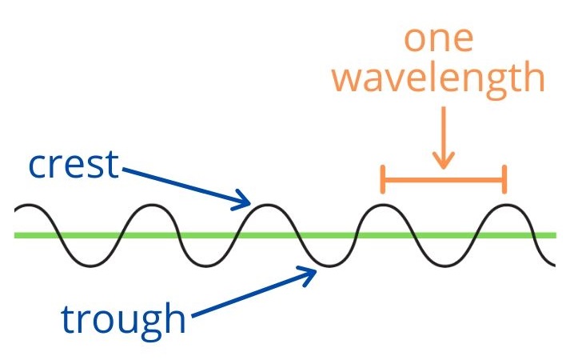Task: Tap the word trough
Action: (124, 318)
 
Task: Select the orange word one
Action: (437, 38)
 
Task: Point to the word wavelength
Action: (438, 78)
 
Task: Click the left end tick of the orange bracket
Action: (384, 179)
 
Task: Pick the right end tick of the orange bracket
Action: (504, 179)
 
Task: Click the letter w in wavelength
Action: (349, 78)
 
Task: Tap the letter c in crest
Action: (38, 166)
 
